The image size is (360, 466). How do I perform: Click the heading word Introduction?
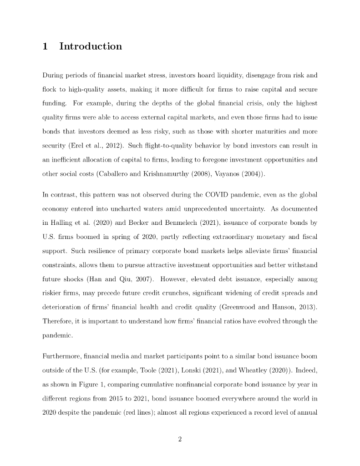91,46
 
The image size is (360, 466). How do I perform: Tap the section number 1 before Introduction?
45,46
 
